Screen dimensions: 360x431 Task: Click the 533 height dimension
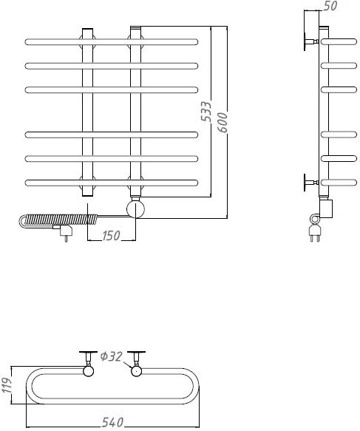(206, 112)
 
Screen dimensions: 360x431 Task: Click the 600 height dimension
(223, 123)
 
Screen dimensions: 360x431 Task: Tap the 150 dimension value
(112, 236)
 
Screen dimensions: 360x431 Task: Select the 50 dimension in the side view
(330, 6)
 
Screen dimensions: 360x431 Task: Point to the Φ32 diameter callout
(111, 357)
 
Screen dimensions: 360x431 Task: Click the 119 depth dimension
(6, 385)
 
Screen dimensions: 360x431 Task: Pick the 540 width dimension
(112, 422)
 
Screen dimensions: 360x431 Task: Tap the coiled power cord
(58, 221)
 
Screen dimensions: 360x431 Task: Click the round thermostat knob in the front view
(135, 209)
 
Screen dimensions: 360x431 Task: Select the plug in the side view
(315, 233)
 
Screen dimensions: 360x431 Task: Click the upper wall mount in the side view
(310, 42)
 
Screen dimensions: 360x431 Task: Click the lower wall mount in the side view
(310, 183)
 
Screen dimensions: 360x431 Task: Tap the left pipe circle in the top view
(88, 371)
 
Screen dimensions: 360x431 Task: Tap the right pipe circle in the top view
(136, 371)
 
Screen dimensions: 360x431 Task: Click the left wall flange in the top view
(88, 352)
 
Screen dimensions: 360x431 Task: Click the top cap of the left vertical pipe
(88, 29)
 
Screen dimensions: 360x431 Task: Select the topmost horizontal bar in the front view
(112, 42)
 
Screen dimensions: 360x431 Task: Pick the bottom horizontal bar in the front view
(112, 183)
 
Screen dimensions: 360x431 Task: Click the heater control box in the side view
(326, 208)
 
